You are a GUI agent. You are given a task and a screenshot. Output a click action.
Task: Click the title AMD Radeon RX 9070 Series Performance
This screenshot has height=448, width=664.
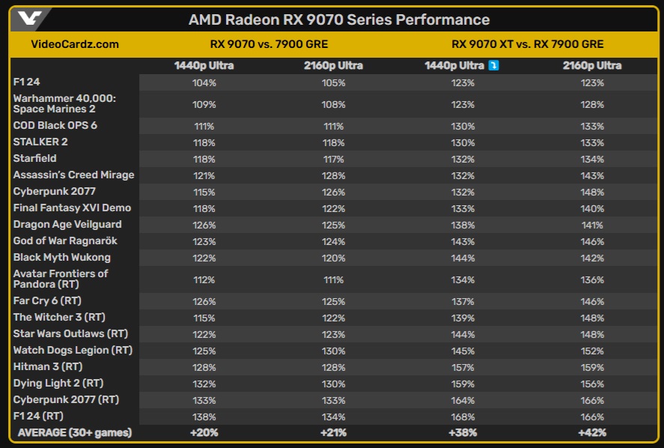click(x=339, y=19)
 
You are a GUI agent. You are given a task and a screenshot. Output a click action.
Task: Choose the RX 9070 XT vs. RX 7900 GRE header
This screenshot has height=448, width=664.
click(x=528, y=44)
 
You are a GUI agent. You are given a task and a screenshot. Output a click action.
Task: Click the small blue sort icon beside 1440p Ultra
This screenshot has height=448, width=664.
click(x=493, y=66)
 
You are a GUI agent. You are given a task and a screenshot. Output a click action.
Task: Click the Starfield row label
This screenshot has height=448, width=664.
click(x=34, y=158)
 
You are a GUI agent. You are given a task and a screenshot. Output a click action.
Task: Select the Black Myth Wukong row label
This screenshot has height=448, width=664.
click(x=61, y=257)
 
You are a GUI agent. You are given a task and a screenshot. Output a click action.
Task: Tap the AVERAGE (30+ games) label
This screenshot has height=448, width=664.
click(x=74, y=432)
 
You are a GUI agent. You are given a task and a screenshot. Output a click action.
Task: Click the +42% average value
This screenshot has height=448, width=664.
click(x=592, y=432)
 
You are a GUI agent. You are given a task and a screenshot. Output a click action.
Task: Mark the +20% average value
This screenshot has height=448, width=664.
click(x=204, y=432)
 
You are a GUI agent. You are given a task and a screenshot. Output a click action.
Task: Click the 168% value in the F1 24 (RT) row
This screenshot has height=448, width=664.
click(x=463, y=416)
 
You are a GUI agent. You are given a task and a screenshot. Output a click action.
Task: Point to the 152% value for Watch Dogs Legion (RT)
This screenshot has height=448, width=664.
click(x=592, y=350)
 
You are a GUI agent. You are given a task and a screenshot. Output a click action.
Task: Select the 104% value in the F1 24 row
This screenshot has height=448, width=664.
click(x=204, y=82)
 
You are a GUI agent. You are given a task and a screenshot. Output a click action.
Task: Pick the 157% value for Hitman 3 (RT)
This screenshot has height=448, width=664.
click(x=463, y=366)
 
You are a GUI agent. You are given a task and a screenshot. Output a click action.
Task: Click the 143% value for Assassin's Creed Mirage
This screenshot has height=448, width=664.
click(x=592, y=175)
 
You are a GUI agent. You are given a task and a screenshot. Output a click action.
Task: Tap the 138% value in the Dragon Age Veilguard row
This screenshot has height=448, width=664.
click(x=463, y=224)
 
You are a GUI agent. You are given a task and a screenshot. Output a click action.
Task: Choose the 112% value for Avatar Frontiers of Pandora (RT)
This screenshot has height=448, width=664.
click(x=204, y=279)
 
